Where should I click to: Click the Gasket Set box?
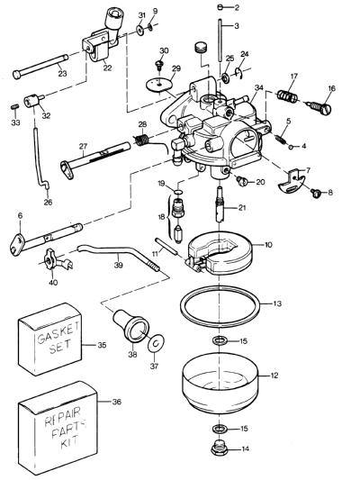click(x=50, y=340)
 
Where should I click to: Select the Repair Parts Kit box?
click(x=58, y=429)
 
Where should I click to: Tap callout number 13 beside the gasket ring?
click(x=277, y=303)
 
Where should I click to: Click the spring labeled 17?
click(x=287, y=95)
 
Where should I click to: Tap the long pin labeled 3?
click(x=220, y=41)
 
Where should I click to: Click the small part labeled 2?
click(x=221, y=7)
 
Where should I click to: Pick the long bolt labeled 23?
click(x=40, y=67)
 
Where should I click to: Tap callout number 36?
click(x=116, y=402)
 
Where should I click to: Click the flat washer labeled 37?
click(x=156, y=344)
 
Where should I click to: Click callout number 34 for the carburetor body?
click(x=259, y=88)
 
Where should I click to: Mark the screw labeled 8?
click(x=315, y=193)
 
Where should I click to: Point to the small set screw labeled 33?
click(x=14, y=107)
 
